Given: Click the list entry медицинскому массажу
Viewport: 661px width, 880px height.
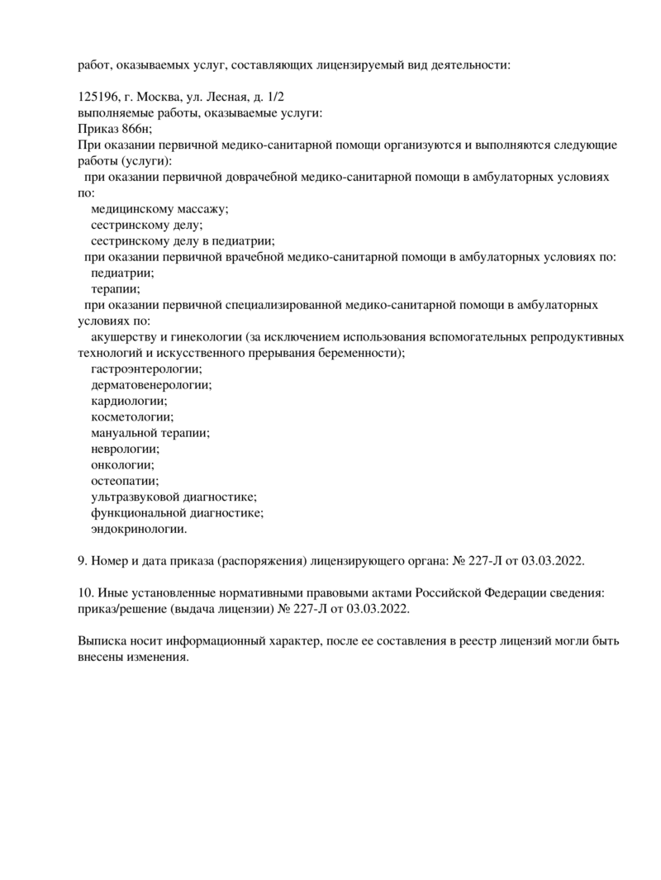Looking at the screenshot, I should pos(160,209).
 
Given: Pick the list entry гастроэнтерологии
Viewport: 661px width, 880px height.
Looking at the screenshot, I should pos(146,369).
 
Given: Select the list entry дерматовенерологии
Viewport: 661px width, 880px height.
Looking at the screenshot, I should pos(151,385).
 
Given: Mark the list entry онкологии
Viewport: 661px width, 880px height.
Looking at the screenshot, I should pos(122,465).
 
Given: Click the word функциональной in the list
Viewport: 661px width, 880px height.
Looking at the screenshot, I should pos(136,513).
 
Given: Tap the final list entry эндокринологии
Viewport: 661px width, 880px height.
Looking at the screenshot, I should pos(139,529).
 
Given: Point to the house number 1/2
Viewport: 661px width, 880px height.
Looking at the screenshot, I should pos(277,97).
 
